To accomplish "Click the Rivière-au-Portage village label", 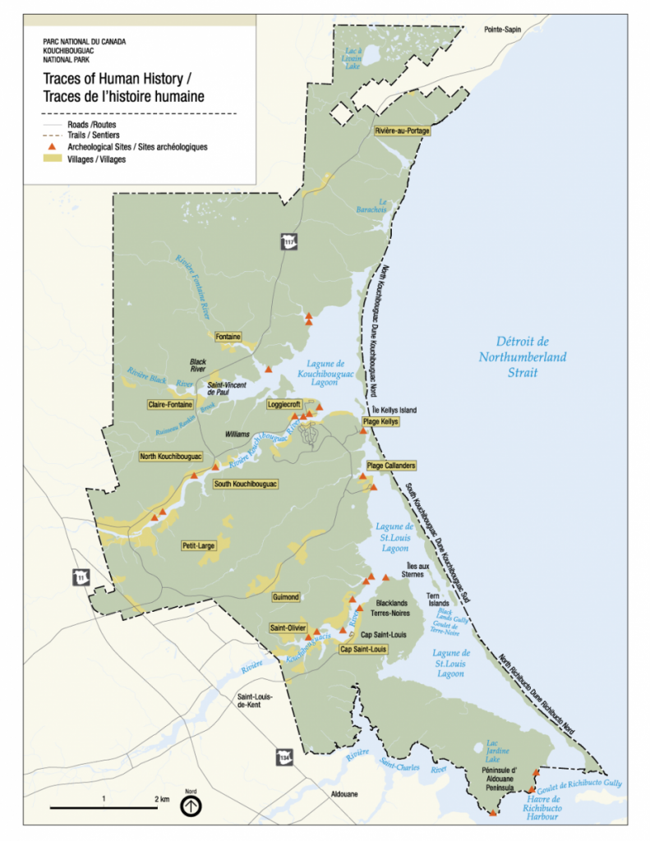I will pos(402,131).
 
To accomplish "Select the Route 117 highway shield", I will pos(288,243).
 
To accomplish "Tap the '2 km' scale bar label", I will pos(161,798).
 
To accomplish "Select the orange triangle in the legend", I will pos(49,147).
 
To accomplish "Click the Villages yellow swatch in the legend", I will pos(49,159).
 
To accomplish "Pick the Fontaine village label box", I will pos(228,337).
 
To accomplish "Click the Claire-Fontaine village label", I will pos(170,404).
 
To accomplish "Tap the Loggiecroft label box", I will pos(285,404).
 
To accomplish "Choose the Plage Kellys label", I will pos(380,421).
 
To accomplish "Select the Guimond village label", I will pos(285,597).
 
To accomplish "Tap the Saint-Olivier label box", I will pos(288,628).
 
